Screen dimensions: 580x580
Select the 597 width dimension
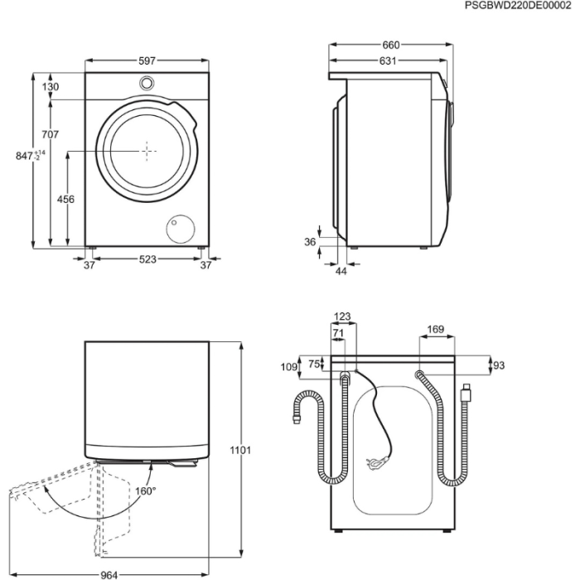pyautogui.click(x=147, y=61)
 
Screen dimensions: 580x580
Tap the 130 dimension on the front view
pyautogui.click(x=51, y=87)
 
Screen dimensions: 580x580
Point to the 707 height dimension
pyautogui.click(x=50, y=134)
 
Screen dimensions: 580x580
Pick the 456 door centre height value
pyautogui.click(x=65, y=200)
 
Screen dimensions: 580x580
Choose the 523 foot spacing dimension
pyautogui.click(x=147, y=260)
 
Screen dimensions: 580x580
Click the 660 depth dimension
pyautogui.click(x=391, y=45)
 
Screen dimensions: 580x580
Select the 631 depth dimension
pyautogui.click(x=388, y=61)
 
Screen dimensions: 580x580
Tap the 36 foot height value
pyautogui.click(x=311, y=242)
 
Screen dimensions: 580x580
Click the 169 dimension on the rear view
pyautogui.click(x=436, y=330)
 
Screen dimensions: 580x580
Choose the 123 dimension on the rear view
pyautogui.click(x=342, y=316)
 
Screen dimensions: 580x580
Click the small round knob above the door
pyautogui.click(x=147, y=83)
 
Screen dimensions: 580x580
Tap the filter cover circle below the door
pyautogui.click(x=180, y=229)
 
